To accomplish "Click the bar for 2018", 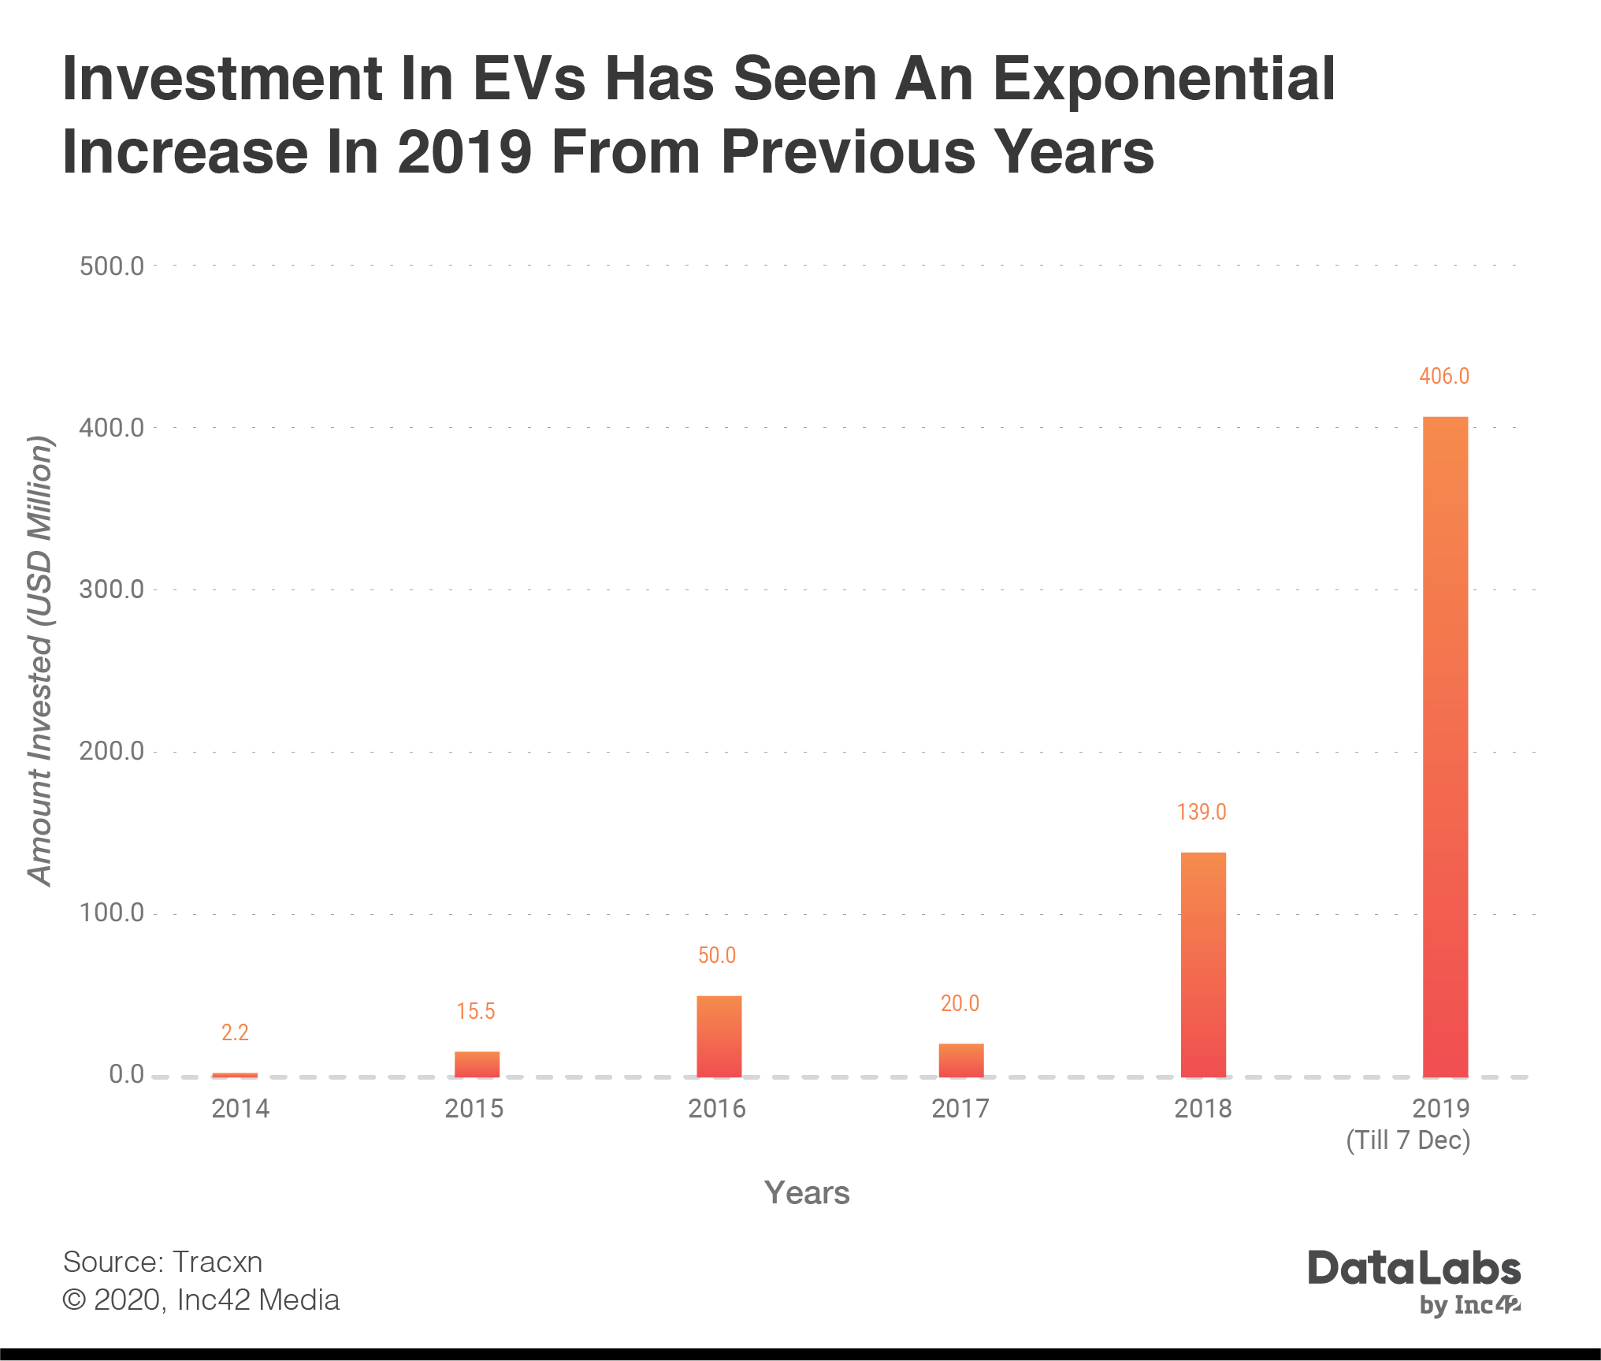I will click(1203, 964).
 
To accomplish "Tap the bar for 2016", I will click(719, 1036).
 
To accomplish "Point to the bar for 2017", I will click(960, 1060).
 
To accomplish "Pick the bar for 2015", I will click(477, 1064).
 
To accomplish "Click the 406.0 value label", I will click(1444, 376).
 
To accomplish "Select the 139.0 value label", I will click(1202, 812).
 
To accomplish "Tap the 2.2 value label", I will click(235, 1032).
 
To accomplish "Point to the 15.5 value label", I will click(476, 1011).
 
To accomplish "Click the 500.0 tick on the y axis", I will click(111, 266).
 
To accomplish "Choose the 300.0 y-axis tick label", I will click(111, 589).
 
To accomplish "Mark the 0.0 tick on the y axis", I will click(126, 1074).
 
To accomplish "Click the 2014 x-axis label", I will click(240, 1109).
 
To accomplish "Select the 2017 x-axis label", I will click(960, 1109).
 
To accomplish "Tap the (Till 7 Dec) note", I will click(1408, 1140).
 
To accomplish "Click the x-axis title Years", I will click(807, 1193).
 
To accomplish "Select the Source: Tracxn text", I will click(162, 1262).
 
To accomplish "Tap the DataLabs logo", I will click(1414, 1270).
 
